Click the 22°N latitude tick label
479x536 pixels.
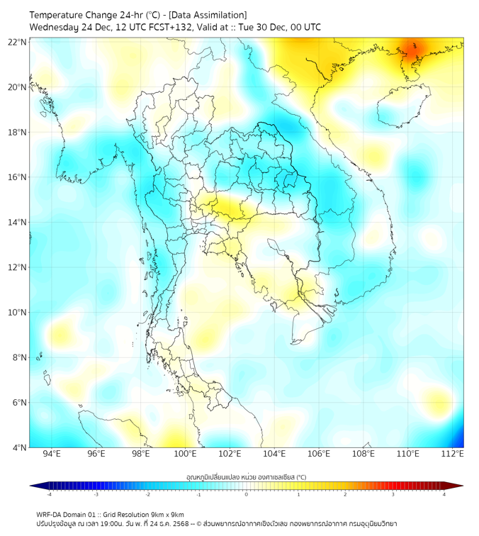click(18, 42)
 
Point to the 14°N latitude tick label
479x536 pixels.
click(18, 223)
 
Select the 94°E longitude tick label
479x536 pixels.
click(52, 454)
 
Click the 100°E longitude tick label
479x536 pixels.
click(186, 454)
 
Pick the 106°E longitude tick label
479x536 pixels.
click(319, 454)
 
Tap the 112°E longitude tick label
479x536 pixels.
click(453, 454)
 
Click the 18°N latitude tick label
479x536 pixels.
click(18, 133)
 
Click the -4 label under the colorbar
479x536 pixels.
click(48, 494)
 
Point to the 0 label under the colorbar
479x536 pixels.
click(247, 494)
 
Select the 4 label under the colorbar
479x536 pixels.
click(444, 494)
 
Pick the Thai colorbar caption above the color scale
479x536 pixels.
click(246, 477)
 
